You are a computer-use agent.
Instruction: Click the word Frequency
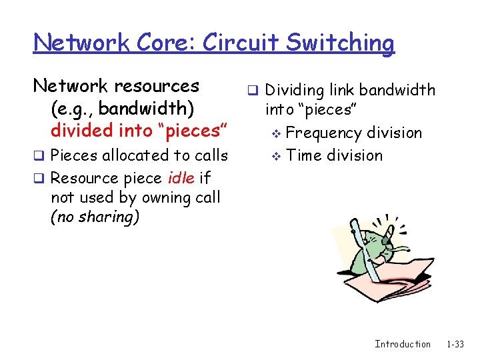[325, 133]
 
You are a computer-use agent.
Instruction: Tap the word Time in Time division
[304, 155]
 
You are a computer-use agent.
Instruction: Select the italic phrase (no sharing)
[95, 217]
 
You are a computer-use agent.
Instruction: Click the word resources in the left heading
[157, 86]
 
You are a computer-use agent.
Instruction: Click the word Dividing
[297, 90]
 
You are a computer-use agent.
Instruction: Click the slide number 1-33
[455, 344]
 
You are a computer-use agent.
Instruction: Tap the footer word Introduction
[403, 344]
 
